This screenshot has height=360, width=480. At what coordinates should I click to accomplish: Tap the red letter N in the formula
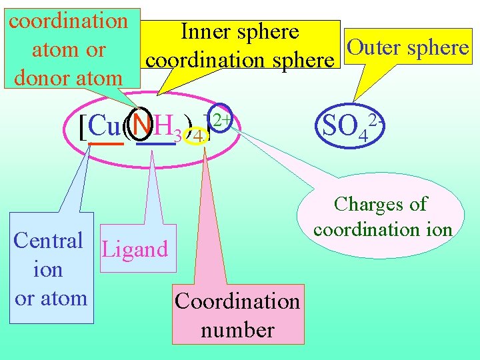(141, 124)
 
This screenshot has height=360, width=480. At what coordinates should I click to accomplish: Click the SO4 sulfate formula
(344, 125)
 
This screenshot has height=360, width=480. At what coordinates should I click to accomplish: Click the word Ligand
(135, 249)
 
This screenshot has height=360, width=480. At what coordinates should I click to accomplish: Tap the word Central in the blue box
(48, 240)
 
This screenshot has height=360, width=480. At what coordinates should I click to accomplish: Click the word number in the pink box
(237, 330)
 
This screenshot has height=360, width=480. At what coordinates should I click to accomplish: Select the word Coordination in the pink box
(237, 301)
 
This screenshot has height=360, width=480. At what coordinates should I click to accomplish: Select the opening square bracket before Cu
(82, 127)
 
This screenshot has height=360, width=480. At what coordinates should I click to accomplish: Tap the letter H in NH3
(163, 124)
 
